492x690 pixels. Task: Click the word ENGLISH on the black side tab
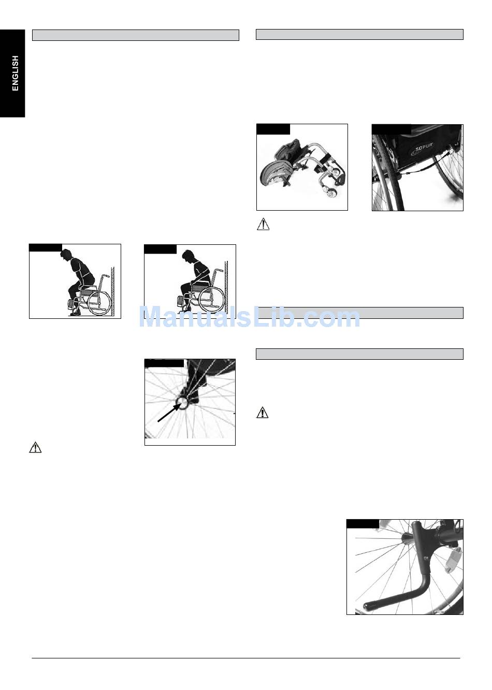(15, 74)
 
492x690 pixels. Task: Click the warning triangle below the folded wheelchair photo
(263, 224)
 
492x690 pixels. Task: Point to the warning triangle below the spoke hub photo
(35, 447)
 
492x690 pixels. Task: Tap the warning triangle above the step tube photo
(263, 412)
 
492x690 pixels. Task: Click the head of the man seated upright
(187, 256)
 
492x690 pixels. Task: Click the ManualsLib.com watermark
(250, 317)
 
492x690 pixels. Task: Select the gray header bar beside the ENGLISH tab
(136, 35)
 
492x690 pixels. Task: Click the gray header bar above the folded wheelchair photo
(359, 34)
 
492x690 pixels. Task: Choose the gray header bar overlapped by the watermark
(359, 313)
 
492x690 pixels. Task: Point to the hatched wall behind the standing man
(113, 291)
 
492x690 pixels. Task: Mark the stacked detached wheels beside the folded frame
(276, 174)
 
